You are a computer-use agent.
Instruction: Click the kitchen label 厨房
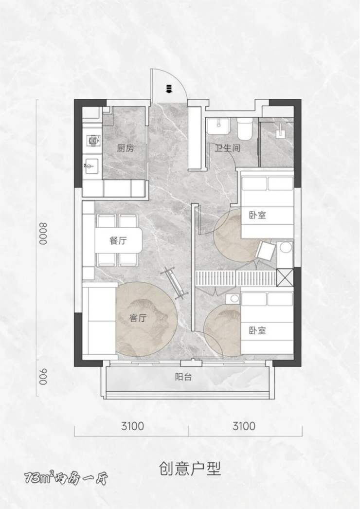(x=126, y=148)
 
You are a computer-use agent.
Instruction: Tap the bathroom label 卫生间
(x=228, y=148)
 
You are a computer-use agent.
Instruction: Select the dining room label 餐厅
(x=118, y=240)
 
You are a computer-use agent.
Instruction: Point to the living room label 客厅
(x=138, y=318)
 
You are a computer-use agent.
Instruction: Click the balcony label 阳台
(x=183, y=377)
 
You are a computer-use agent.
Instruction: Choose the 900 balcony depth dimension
(x=43, y=377)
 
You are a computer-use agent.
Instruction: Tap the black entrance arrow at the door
(x=168, y=88)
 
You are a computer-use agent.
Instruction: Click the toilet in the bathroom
(x=245, y=128)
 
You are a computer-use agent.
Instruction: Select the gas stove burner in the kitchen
(x=93, y=141)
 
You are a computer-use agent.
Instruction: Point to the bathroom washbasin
(x=219, y=126)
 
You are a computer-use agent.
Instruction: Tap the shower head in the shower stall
(x=279, y=132)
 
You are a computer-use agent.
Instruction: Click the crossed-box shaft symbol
(x=285, y=277)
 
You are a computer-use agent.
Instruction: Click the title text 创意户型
(x=190, y=469)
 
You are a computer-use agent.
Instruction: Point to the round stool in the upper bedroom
(x=286, y=248)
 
